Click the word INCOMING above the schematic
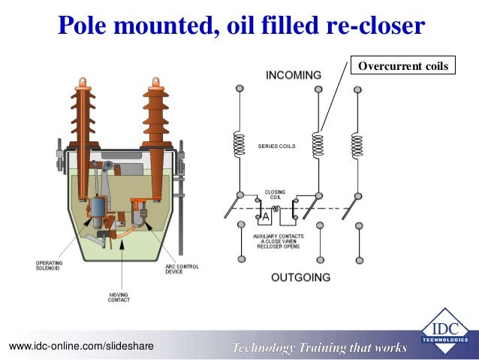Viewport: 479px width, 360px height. [x=294, y=75]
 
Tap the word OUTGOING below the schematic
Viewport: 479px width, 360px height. [x=300, y=277]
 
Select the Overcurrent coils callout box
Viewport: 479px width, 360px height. [x=402, y=67]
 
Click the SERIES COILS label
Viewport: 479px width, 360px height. [x=276, y=146]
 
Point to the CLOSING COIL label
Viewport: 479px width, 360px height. [x=275, y=195]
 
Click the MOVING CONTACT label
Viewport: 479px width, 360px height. [x=119, y=296]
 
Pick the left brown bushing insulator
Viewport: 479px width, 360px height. [x=83, y=113]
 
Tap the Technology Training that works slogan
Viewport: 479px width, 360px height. [x=319, y=346]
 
